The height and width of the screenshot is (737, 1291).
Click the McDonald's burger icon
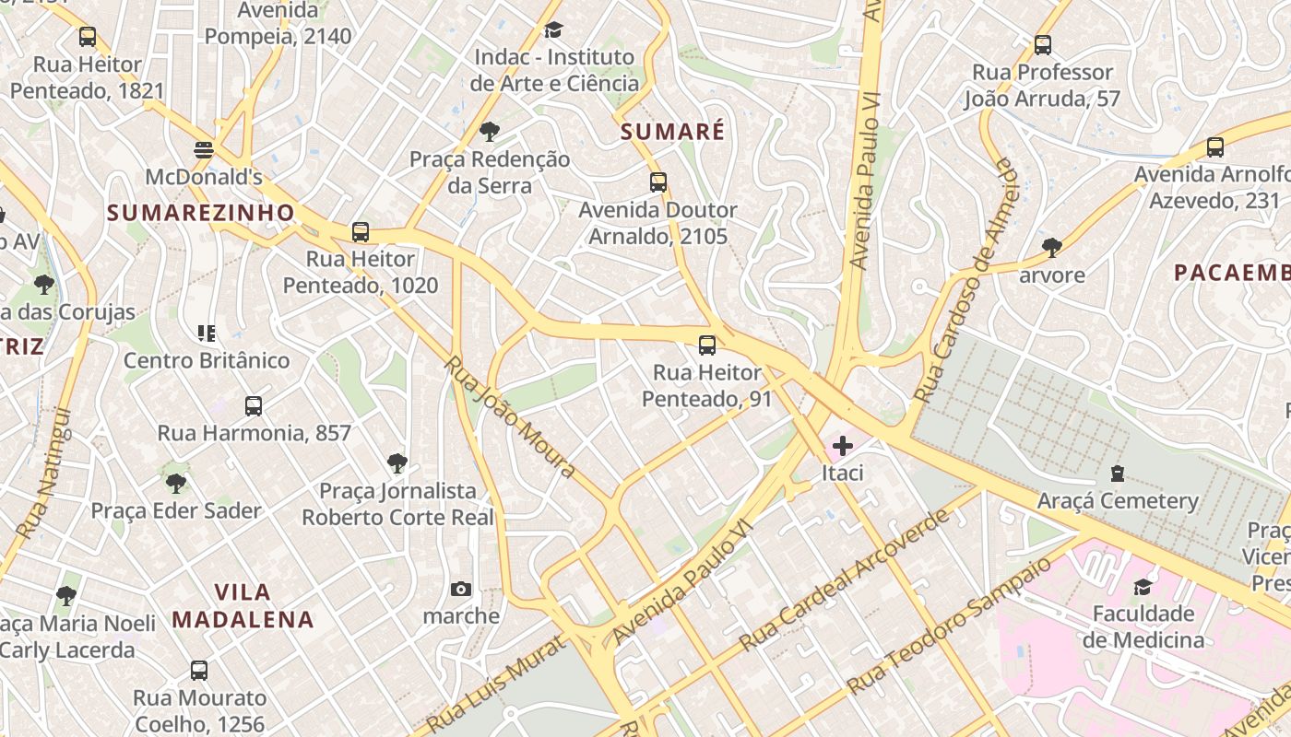pos(204,149)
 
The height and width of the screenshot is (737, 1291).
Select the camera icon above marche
pos(460,589)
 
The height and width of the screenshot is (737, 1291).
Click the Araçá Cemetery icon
pos(1118,474)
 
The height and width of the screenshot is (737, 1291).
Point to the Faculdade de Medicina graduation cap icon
pos(1143,587)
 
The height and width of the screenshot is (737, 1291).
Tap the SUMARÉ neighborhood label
pos(672,132)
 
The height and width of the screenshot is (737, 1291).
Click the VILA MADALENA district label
pos(243,605)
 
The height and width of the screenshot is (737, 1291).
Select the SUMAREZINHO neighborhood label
pos(200,213)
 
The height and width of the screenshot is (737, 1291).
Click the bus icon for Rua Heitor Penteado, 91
pos(707,345)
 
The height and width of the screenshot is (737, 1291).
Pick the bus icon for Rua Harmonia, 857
pos(254,405)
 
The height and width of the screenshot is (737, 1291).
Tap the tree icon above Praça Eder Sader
pos(175,483)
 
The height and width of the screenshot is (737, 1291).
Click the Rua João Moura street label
pos(510,416)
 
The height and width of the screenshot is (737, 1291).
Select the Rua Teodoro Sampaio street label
pos(949,626)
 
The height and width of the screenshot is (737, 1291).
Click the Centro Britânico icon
pos(206,333)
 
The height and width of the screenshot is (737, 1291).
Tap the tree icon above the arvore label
pos(1051,247)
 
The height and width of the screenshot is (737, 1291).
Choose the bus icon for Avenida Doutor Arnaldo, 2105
pos(657,182)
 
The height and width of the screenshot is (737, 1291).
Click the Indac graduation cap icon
pos(553,30)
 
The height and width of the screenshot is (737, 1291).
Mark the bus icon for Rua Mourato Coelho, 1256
pos(198,671)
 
